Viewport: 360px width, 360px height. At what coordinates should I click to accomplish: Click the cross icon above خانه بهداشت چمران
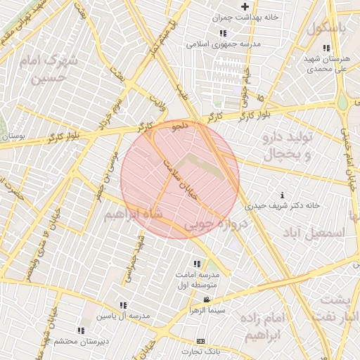[245, 6]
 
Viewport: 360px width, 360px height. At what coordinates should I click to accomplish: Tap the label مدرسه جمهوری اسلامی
[224, 44]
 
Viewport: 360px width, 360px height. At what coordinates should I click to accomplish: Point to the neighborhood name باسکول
[330, 28]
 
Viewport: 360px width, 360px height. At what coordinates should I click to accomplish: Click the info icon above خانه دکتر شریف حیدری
[282, 195]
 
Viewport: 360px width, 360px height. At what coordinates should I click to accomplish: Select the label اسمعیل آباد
[314, 231]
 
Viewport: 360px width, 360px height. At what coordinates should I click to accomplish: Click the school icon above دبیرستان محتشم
[81, 330]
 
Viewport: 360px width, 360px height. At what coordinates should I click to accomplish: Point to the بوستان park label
[13, 136]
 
